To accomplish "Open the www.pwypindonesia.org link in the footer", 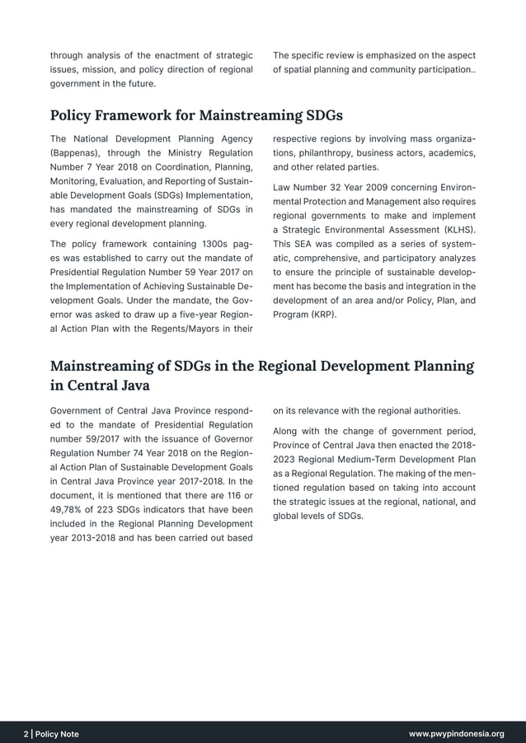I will click(456, 733).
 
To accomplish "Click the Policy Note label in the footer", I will click(57, 733).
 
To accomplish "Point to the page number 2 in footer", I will click(26, 733).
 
